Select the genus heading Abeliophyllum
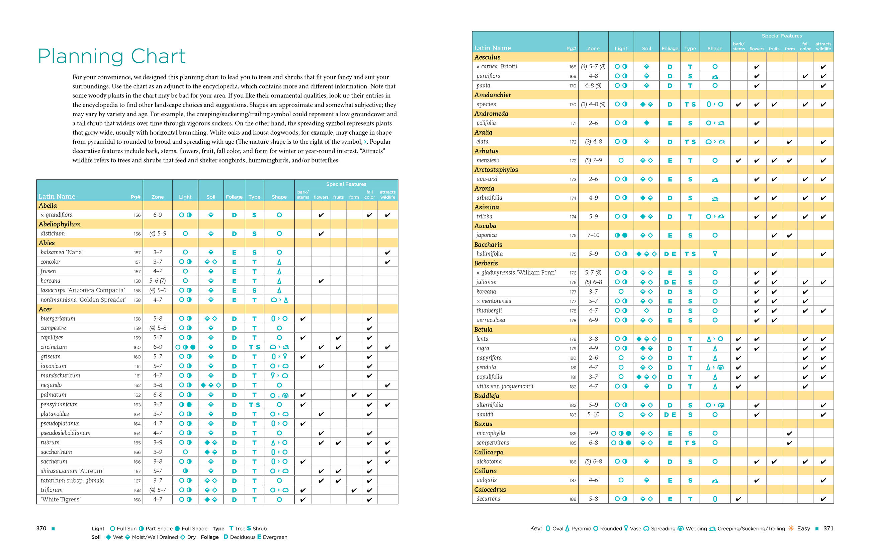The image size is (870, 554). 60,224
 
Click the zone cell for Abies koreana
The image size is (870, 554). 158,281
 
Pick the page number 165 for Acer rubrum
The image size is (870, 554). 137,442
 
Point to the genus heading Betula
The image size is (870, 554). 483,330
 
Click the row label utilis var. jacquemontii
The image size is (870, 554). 504,386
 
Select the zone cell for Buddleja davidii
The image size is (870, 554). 593,414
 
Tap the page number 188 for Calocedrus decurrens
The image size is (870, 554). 573,499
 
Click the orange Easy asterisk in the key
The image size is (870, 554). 791,528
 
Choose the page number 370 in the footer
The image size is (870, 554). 41,528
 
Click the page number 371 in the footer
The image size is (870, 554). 828,528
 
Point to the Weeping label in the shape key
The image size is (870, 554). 696,529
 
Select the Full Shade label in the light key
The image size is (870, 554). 194,529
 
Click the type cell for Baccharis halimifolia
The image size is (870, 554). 690,254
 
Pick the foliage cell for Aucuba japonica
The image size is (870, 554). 670,235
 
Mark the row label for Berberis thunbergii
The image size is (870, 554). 489,310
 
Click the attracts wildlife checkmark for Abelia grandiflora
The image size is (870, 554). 387,215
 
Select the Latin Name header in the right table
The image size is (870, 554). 492,48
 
